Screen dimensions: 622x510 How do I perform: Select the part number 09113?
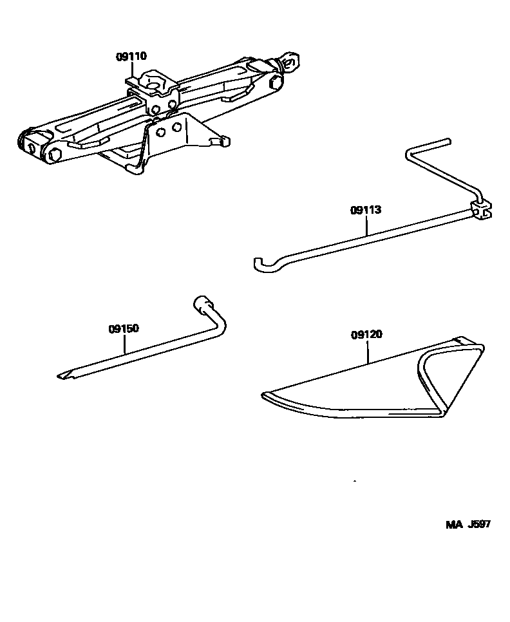click(x=366, y=210)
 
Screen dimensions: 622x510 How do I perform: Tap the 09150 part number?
click(x=124, y=328)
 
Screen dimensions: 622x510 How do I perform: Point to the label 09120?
click(x=367, y=334)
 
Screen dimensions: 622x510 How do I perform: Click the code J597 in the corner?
click(x=479, y=524)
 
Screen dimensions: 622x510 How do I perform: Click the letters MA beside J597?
click(x=455, y=524)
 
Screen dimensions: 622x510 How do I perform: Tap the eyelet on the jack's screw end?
click(x=290, y=62)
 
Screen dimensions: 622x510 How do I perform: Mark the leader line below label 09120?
click(x=368, y=352)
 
